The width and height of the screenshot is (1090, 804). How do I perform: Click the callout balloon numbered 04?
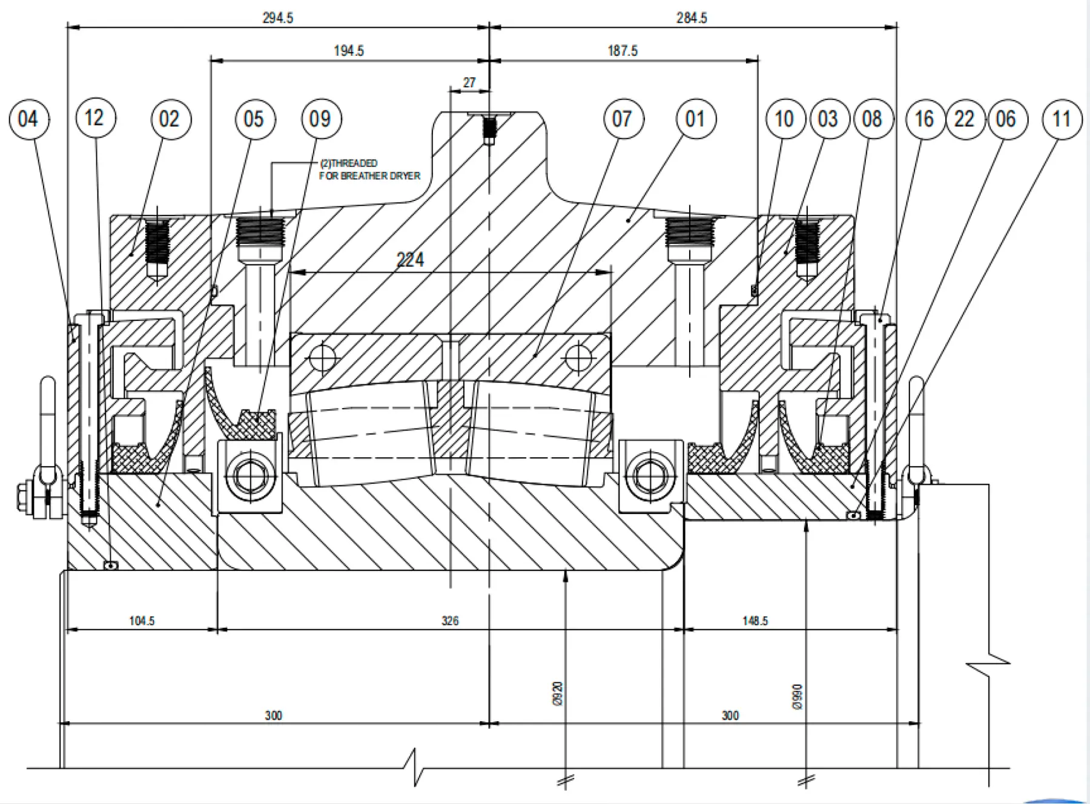(x=29, y=119)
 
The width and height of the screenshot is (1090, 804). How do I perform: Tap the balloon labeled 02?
(x=170, y=119)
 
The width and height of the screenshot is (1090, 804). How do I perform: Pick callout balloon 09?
(x=321, y=119)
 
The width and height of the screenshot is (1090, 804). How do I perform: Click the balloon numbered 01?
(x=696, y=119)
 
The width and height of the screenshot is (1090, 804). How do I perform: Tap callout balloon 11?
(x=1062, y=119)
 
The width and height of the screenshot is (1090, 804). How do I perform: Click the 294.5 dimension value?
(x=278, y=18)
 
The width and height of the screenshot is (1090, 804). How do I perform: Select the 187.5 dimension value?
(x=623, y=50)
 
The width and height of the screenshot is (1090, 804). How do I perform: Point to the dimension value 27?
(x=469, y=82)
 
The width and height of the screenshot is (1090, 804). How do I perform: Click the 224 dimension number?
(x=410, y=260)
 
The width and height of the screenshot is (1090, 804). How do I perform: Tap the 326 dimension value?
(x=450, y=621)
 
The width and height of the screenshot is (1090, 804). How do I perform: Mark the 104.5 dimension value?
(x=142, y=621)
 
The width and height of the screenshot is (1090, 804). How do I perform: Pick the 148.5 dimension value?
(x=755, y=621)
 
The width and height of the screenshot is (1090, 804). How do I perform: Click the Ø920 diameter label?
(x=558, y=694)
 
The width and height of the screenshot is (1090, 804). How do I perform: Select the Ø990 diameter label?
(x=797, y=697)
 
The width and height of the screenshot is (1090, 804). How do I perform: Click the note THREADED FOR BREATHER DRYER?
(x=369, y=170)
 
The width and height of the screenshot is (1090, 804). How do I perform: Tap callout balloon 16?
(x=925, y=119)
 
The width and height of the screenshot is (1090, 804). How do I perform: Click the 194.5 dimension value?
(x=349, y=50)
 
